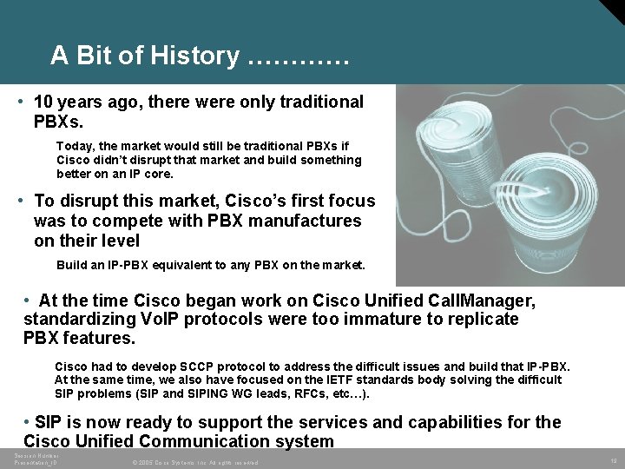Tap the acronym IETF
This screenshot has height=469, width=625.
tap(324, 380)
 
